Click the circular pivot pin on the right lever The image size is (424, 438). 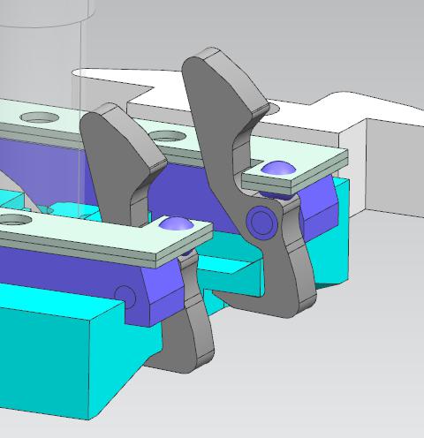(262, 220)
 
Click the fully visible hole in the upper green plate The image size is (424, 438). (39, 117)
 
